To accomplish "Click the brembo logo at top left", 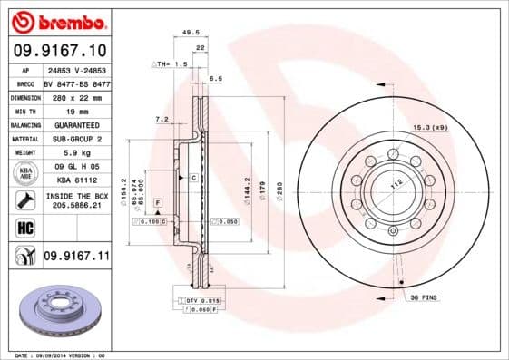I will click(56, 20).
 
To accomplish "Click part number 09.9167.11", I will click(76, 258).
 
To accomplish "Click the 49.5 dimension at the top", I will click(191, 32).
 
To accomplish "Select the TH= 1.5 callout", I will click(170, 64).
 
